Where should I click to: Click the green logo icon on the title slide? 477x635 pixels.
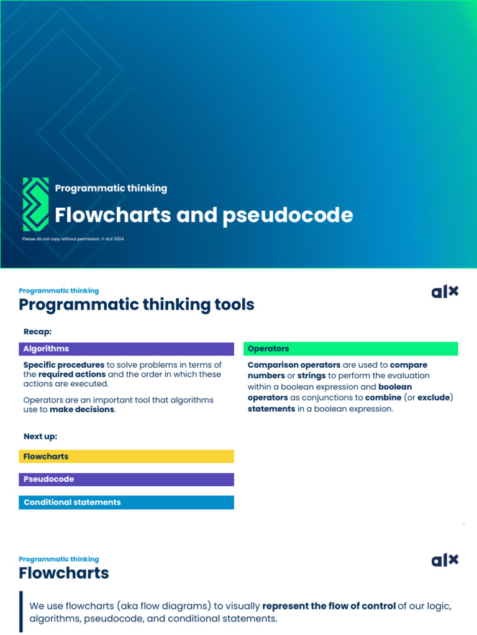[x=35, y=204]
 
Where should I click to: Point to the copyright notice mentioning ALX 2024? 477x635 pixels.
[x=73, y=239]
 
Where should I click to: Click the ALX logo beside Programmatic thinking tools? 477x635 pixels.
[x=445, y=291]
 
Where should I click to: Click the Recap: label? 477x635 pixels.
[x=37, y=332]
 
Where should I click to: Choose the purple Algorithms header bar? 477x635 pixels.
[x=126, y=349]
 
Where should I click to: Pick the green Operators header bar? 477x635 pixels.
[x=350, y=349]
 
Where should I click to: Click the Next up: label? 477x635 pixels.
[x=40, y=437]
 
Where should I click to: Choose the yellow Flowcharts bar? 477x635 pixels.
[x=126, y=456]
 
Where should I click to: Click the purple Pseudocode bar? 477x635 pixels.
[x=126, y=479]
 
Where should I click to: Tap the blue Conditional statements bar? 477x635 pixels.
[x=126, y=502]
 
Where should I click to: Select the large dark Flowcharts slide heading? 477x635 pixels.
[x=64, y=573]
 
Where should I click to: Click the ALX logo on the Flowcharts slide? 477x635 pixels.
[x=445, y=560]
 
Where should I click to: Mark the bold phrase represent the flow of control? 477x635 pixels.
[x=329, y=606]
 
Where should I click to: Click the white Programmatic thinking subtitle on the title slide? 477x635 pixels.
[x=111, y=188]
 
